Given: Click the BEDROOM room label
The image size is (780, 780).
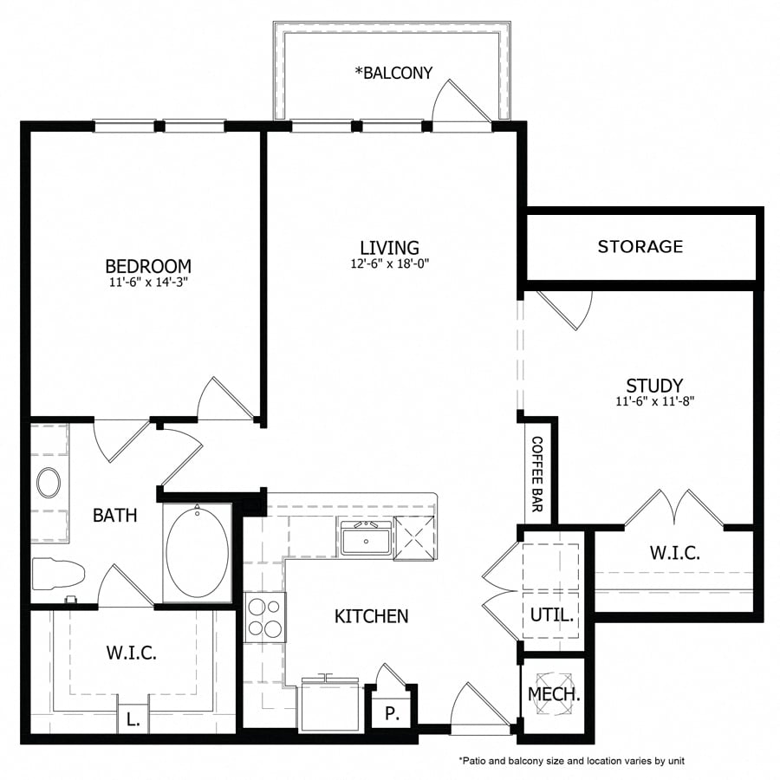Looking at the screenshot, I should (148, 266).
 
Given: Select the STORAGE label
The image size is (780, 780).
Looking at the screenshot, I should (640, 247).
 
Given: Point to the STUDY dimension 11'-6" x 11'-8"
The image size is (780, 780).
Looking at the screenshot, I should (655, 401).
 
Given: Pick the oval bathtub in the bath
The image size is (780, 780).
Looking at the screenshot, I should (198, 554).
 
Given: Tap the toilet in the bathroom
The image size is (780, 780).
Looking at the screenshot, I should (57, 573).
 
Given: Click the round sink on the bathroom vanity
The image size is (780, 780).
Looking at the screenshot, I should (49, 483).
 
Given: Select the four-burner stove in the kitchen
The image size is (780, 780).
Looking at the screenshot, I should (264, 617).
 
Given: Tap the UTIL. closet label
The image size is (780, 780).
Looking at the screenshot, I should (552, 616).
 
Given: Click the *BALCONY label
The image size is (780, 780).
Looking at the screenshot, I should (393, 73).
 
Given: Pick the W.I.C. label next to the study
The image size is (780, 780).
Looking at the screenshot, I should (674, 552).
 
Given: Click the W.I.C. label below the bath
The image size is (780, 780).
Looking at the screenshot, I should (132, 653).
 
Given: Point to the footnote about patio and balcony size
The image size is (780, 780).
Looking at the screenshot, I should (571, 760).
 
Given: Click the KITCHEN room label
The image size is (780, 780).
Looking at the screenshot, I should (371, 616).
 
